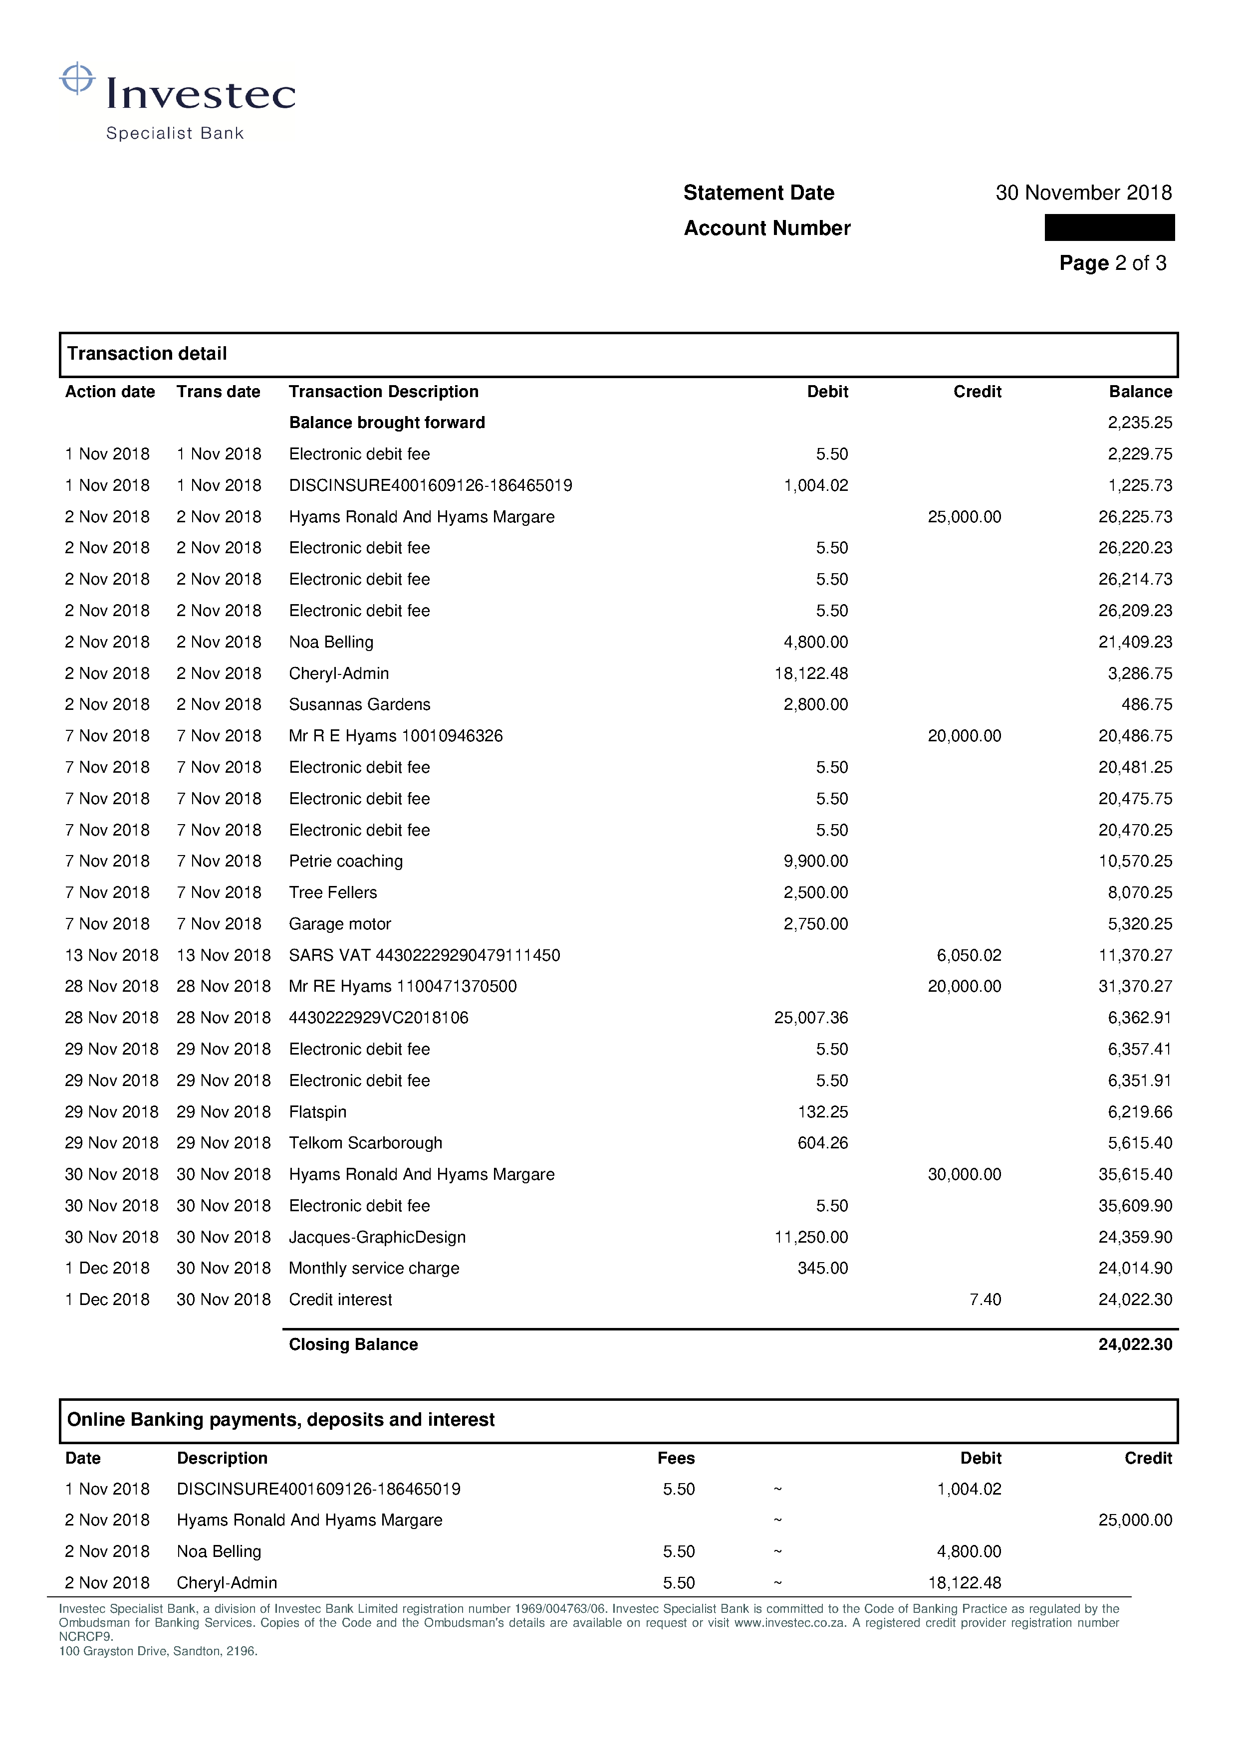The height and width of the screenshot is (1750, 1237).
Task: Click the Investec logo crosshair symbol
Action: click(x=77, y=78)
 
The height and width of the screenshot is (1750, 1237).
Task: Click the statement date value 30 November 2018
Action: click(x=1083, y=193)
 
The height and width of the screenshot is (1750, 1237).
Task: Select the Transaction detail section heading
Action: click(x=147, y=354)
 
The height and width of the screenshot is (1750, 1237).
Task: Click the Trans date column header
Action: click(x=218, y=392)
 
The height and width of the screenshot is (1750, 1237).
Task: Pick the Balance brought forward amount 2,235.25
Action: click(x=1139, y=423)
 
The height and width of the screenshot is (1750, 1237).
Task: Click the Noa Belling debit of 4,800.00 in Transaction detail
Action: click(x=815, y=643)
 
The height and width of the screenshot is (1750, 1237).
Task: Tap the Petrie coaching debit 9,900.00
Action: click(x=815, y=861)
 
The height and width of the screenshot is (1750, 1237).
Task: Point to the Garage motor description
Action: click(x=339, y=924)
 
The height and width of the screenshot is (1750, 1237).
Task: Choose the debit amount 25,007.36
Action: click(x=811, y=1018)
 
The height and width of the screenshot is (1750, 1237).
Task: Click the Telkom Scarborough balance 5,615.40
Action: click(x=1139, y=1143)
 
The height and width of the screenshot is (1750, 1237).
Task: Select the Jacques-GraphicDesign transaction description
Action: click(x=377, y=1238)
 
